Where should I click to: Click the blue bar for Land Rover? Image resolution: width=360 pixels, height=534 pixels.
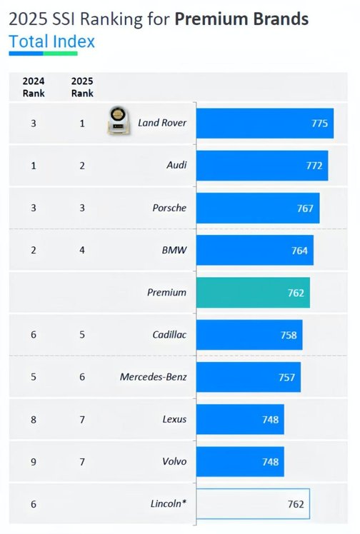coord(264,124)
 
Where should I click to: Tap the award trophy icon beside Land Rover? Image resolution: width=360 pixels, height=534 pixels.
coord(118,120)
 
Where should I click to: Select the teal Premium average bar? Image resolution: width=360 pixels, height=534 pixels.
coord(253,293)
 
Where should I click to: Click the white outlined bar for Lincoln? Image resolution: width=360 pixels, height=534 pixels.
coord(253,504)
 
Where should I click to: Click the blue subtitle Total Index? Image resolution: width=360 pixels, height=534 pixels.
coord(51,41)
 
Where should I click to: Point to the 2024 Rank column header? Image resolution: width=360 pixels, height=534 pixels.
coord(34,87)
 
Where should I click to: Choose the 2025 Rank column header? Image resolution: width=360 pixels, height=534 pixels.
coord(82,87)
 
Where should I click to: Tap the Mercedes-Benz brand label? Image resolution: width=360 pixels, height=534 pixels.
coord(153,377)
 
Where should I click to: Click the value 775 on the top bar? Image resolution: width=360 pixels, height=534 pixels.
coord(319,124)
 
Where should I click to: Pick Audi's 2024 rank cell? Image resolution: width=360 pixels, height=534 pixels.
coord(34,166)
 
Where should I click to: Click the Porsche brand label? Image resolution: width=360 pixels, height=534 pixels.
coord(169,208)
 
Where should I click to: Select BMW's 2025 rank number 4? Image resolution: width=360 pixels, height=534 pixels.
coord(82,251)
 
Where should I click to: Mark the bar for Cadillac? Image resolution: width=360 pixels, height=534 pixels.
coord(249,335)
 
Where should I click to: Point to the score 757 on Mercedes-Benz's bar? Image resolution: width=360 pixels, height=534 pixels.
coord(286,378)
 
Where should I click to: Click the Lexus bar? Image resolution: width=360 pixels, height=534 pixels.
coord(240,419)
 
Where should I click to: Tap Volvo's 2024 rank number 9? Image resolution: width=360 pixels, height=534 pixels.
coord(34,462)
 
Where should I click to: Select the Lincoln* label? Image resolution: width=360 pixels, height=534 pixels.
coord(169,503)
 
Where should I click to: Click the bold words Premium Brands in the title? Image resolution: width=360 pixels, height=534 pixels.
coord(241,19)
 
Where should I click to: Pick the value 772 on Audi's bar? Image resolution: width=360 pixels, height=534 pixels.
coord(314,166)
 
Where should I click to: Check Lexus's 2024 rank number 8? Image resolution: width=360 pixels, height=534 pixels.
coord(34,420)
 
